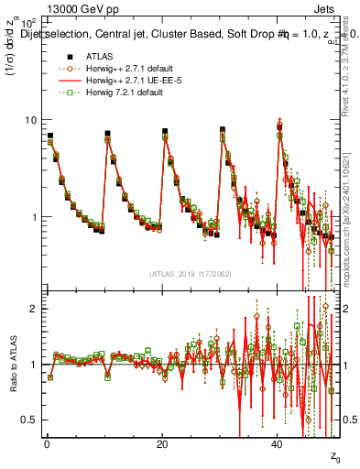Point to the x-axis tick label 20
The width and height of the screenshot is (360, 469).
pyautogui.click(x=162, y=443)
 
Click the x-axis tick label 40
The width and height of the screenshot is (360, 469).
pyautogui.click(x=278, y=443)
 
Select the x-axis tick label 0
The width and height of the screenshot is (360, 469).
pyautogui.click(x=47, y=443)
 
